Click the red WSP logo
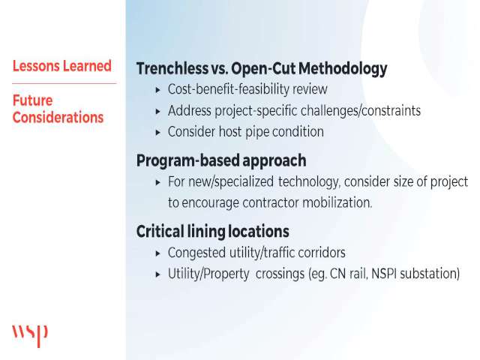(x=30, y=336)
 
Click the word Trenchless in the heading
(x=172, y=68)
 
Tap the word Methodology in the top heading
(x=343, y=69)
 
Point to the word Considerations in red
(x=58, y=118)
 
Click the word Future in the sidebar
(x=32, y=100)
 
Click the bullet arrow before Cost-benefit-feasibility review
(x=158, y=90)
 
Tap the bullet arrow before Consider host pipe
(x=158, y=133)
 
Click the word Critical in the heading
(x=160, y=232)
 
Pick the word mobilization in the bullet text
(x=337, y=202)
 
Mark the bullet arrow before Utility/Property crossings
(x=158, y=274)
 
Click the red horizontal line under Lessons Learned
(x=64, y=83)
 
